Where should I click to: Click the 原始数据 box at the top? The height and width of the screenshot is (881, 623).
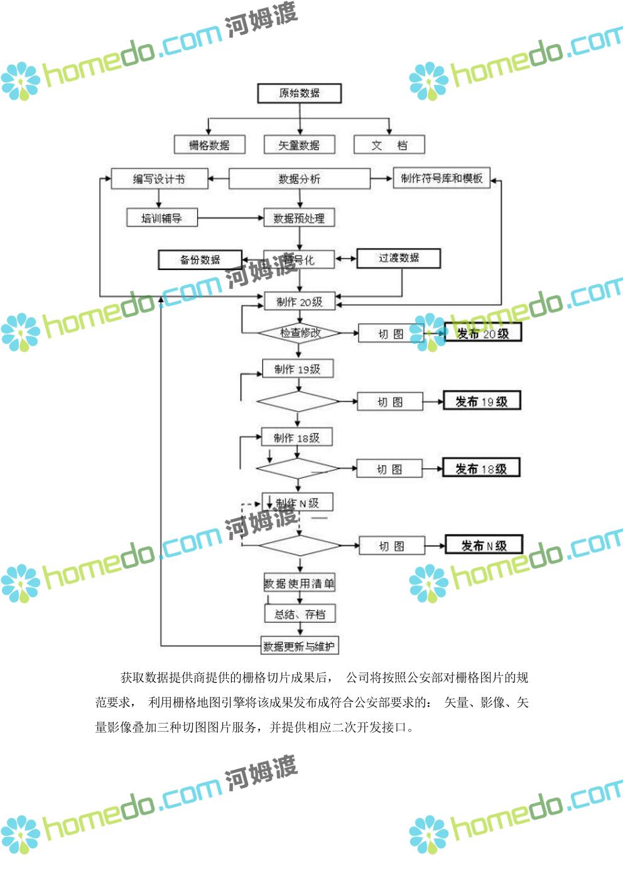point(299,93)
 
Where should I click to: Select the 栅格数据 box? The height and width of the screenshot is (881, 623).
point(209,145)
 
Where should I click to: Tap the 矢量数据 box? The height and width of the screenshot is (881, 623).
point(299,145)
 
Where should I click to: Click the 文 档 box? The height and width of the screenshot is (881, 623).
point(389,145)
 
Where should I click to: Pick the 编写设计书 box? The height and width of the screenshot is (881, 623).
point(159,179)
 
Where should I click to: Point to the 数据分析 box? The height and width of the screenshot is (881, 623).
point(299,179)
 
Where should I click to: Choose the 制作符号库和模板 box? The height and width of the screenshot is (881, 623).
point(442,178)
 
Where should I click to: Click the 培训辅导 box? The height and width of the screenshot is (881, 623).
point(161,218)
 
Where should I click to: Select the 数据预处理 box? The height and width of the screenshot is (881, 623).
point(299,218)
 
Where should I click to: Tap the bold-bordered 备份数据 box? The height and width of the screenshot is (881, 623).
point(200,260)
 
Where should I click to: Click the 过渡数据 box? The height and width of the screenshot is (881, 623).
point(398,258)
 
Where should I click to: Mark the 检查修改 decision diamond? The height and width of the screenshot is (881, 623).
point(299,333)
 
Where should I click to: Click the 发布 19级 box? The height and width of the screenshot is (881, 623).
point(482,401)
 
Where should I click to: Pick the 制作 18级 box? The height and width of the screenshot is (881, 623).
point(296,438)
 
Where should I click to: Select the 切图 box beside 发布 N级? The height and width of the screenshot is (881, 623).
point(391,546)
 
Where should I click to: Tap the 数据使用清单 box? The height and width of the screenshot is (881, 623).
point(299,583)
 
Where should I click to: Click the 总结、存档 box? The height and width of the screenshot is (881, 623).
point(300,614)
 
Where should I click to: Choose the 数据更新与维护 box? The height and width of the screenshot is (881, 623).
point(300,646)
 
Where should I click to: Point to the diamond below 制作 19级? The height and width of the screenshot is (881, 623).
point(298,401)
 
